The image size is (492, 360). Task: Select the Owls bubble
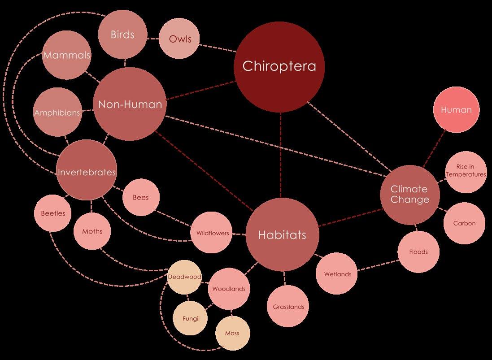coord(179,39)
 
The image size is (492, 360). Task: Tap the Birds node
coord(122,35)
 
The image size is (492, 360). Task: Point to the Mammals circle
coord(66,56)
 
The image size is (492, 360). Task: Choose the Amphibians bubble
coord(57,113)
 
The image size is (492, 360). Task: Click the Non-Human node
coord(130,104)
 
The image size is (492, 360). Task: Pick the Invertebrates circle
coord(87,172)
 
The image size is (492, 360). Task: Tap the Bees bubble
coord(140,197)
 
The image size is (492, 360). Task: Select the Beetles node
coord(53,213)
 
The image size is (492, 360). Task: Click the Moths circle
coord(92,231)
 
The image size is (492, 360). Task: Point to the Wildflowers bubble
coord(212,233)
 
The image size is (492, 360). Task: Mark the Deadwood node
coord(184,277)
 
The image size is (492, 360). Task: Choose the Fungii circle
coord(191,319)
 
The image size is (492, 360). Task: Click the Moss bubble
coord(232,333)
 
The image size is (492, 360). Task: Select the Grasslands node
coord(288,307)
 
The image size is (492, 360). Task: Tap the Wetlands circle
coord(337,274)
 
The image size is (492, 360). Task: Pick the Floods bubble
coord(418,252)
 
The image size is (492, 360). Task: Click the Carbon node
coord(464,223)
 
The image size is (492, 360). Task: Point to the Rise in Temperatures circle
coord(466,171)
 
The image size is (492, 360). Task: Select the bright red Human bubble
coord(456,110)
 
